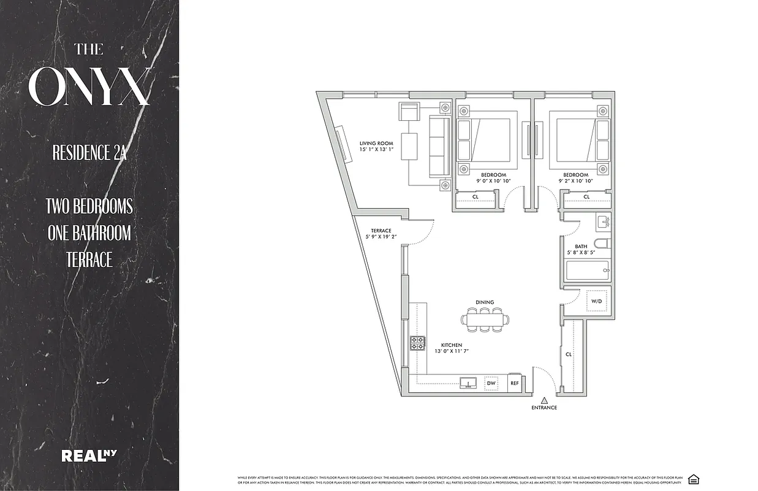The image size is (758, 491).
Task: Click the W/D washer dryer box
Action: click(597, 301)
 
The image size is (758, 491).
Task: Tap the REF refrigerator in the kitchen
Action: click(515, 383)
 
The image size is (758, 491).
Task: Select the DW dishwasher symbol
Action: click(491, 382)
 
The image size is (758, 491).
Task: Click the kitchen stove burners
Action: click(418, 342)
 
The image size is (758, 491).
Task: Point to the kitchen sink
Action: click(469, 384)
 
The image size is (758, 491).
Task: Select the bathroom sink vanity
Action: click(602, 221)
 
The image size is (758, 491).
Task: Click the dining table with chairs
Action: click(485, 319)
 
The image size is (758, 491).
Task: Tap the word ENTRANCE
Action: click(544, 408)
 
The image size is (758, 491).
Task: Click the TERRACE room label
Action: click(380, 231)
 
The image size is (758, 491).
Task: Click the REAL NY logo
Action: click(89, 455)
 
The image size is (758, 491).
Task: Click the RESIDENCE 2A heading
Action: click(89, 153)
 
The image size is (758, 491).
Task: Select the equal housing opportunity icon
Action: click(693, 479)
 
